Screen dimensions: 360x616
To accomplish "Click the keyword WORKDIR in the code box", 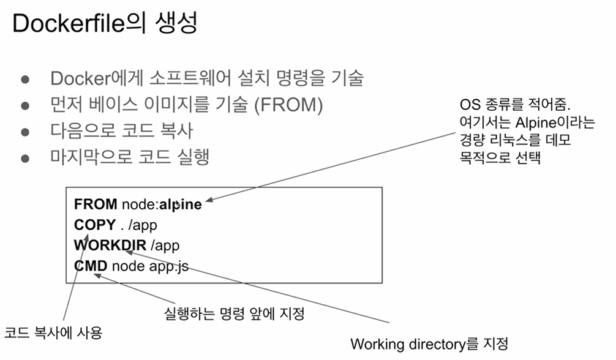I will point(110,246).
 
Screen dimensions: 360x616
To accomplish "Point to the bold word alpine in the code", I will point(180,204).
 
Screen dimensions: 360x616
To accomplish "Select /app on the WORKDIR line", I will point(165,246).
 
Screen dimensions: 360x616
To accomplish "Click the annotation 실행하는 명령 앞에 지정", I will point(235,315).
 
